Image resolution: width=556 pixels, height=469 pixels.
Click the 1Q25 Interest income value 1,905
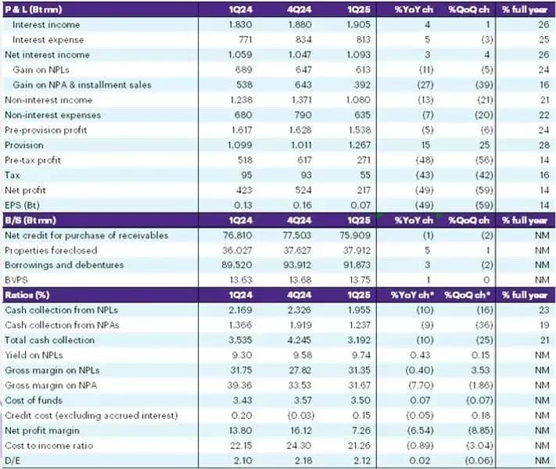click(x=358, y=24)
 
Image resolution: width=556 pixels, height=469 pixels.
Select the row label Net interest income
click(x=47, y=55)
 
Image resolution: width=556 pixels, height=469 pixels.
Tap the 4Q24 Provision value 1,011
click(x=301, y=145)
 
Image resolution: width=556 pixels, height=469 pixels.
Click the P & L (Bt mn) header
click(x=34, y=9)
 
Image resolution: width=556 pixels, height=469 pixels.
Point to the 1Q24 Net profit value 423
click(x=244, y=191)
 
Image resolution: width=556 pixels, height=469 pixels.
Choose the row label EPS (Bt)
click(x=22, y=206)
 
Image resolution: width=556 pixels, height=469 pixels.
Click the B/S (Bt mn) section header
click(x=30, y=220)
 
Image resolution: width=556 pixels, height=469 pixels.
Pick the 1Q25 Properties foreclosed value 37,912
click(x=357, y=250)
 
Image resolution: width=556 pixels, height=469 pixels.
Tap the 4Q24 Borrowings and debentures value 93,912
click(x=297, y=265)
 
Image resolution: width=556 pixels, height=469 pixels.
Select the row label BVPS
click(x=16, y=280)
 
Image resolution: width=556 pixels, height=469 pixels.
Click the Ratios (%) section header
click(x=27, y=295)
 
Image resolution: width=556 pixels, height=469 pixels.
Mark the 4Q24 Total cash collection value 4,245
click(x=300, y=340)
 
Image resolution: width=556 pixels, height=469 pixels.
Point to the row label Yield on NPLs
click(x=34, y=355)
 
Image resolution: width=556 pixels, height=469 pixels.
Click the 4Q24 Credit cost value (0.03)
click(x=302, y=415)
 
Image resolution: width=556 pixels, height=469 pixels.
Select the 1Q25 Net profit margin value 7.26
click(x=361, y=431)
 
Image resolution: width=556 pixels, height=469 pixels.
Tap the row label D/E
click(x=13, y=460)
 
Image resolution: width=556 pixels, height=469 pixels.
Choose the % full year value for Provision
click(x=544, y=145)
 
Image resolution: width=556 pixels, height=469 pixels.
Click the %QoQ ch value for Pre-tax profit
click(x=484, y=160)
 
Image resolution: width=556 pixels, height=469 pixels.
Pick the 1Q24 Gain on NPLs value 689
click(x=244, y=70)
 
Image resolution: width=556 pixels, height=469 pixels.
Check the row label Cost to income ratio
click(x=49, y=446)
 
